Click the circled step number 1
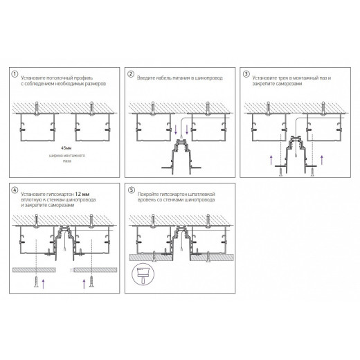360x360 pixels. tap(15, 74)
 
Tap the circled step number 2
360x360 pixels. tap(130, 74)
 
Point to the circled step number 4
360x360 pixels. tap(15, 188)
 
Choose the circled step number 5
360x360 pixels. tap(130, 188)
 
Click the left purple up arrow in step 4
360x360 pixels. tap(44, 281)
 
